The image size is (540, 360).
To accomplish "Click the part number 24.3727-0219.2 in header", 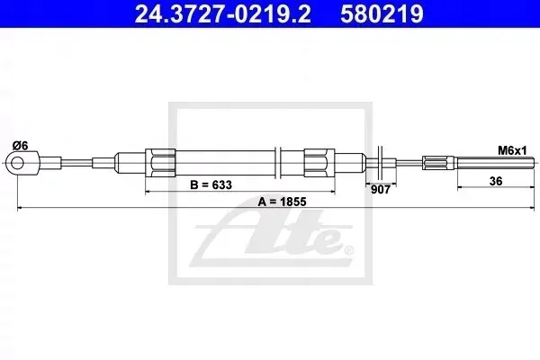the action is click(x=222, y=13).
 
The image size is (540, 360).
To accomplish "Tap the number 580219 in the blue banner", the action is click(x=382, y=13).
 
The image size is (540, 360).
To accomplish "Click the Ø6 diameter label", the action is click(x=20, y=146).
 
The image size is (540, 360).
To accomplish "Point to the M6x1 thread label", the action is click(x=512, y=150).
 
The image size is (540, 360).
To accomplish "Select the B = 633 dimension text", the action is click(x=211, y=185).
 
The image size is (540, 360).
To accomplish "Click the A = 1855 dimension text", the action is click(x=282, y=202).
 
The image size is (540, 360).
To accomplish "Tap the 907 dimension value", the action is click(x=381, y=190).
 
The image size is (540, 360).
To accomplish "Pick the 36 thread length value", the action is click(x=496, y=181).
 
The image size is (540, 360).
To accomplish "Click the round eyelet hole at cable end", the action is click(x=17, y=163).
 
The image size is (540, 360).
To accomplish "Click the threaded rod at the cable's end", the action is click(x=496, y=163).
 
